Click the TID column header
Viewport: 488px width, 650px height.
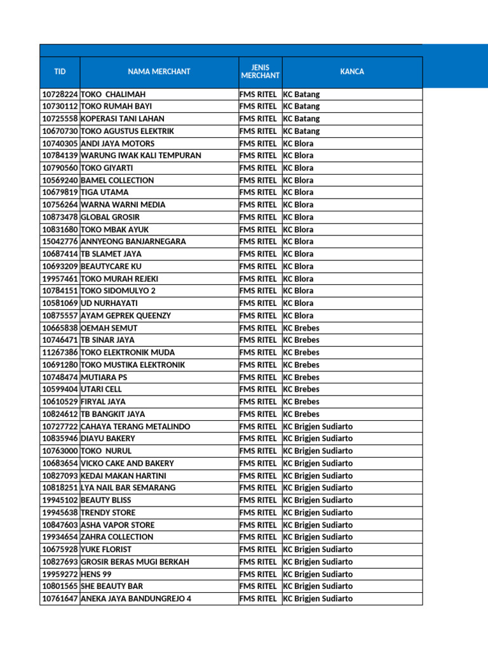coord(60,72)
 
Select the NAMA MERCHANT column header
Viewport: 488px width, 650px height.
coord(159,72)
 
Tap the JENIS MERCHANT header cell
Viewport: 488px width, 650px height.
coord(260,72)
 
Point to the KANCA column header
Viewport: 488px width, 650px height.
coord(352,72)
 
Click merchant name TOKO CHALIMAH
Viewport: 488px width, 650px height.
coord(114,95)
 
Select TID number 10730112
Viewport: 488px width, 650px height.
coord(60,107)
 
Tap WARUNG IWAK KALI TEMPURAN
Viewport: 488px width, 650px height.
coord(141,156)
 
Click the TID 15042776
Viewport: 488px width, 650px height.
coord(60,242)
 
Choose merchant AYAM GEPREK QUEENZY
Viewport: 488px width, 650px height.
coord(126,315)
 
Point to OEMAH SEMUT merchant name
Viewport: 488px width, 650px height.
coord(109,328)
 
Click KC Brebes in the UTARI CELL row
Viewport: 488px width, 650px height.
coord(301,389)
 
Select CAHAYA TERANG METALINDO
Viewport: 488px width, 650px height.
coord(135,427)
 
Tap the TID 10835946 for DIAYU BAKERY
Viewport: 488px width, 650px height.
coord(60,439)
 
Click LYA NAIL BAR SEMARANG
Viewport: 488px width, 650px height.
coord(128,487)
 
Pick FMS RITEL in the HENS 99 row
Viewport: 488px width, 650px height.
coord(258,574)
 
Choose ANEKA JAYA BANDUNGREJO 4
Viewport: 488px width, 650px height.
coord(136,599)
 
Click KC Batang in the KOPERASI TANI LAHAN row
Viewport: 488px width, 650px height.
coord(301,119)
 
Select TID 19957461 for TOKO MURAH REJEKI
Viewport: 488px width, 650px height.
coord(60,279)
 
